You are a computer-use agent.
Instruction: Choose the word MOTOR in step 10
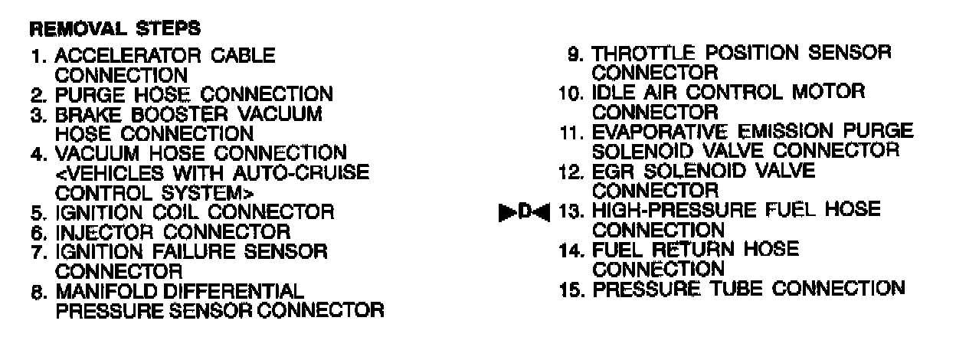click(x=830, y=93)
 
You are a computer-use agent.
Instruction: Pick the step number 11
click(x=573, y=131)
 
